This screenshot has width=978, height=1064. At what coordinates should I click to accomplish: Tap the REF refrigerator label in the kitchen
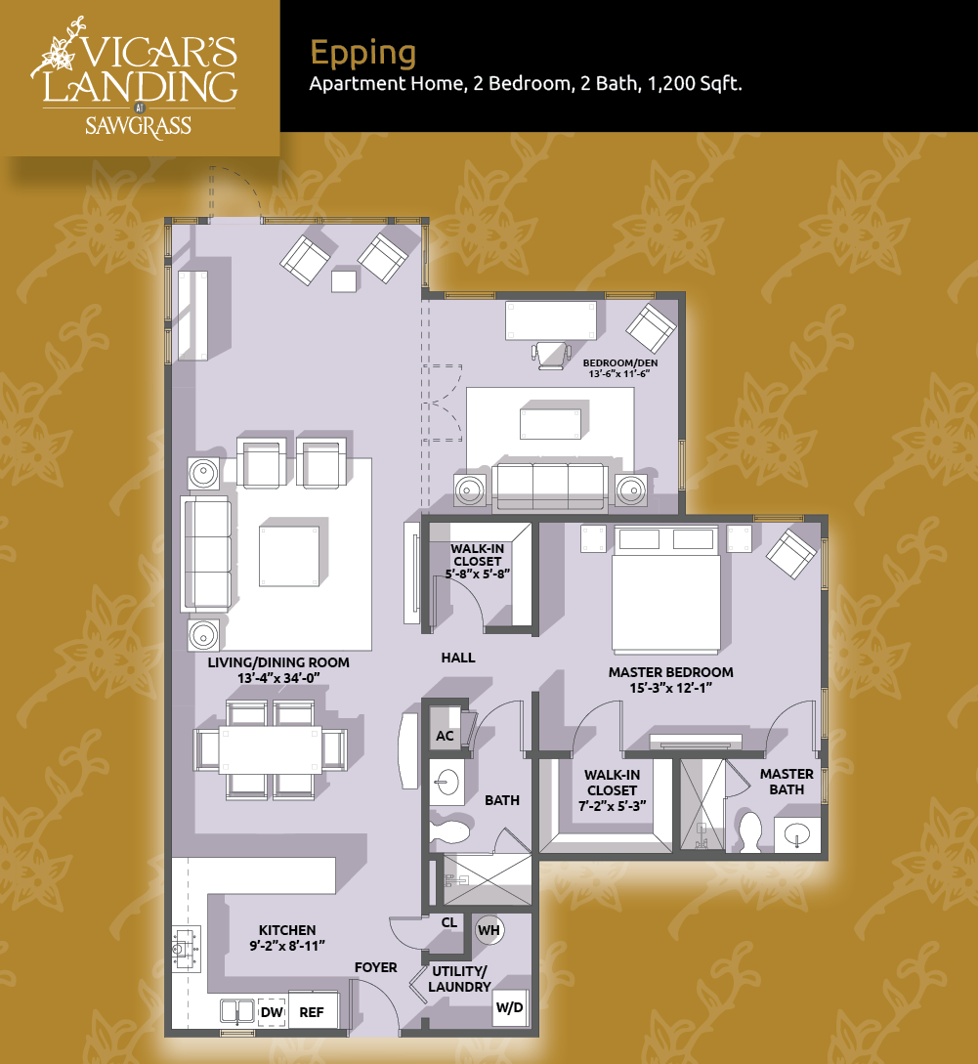pyautogui.click(x=313, y=1012)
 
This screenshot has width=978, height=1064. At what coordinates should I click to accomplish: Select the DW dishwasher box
pyautogui.click(x=272, y=1012)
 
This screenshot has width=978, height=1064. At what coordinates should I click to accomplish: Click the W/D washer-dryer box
pyautogui.click(x=510, y=1007)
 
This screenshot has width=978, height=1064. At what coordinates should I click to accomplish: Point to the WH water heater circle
pyautogui.click(x=489, y=930)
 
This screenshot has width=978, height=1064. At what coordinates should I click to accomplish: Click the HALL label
pyautogui.click(x=458, y=658)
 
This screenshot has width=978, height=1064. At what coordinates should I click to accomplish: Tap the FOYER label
pyautogui.click(x=376, y=967)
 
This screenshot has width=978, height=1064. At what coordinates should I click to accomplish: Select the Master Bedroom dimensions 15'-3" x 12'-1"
pyautogui.click(x=670, y=688)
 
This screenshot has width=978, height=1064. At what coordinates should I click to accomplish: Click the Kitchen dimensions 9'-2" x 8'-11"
pyautogui.click(x=287, y=946)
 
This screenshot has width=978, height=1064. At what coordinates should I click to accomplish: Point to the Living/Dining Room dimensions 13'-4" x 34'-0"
pyautogui.click(x=278, y=678)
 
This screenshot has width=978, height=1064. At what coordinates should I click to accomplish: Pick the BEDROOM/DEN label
pyautogui.click(x=620, y=363)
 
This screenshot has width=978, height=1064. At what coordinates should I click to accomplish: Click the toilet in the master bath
pyautogui.click(x=749, y=831)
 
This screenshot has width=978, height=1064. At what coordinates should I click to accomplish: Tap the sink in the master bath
pyautogui.click(x=797, y=834)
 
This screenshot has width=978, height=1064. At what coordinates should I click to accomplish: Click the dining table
pyautogui.click(x=270, y=749)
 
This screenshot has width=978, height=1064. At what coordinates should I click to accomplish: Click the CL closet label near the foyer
pyautogui.click(x=449, y=923)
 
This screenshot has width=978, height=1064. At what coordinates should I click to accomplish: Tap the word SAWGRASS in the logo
pyautogui.click(x=139, y=127)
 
